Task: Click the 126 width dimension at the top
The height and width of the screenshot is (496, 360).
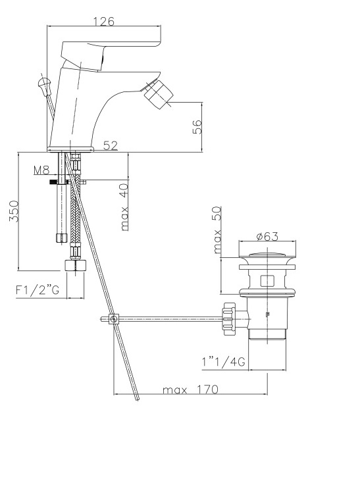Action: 104,21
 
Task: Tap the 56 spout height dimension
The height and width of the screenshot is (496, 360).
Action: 197,127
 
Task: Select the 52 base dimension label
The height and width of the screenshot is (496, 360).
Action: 111,145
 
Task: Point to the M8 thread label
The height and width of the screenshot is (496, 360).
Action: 41,170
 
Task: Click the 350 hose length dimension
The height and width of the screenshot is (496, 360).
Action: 14,211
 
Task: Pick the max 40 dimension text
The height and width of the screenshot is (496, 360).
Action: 124,207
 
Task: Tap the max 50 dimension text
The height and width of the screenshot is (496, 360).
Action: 217,230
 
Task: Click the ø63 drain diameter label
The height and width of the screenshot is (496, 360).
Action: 267,236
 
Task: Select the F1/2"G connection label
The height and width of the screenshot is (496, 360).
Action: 38,289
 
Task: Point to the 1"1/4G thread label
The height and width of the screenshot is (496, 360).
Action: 224,362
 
